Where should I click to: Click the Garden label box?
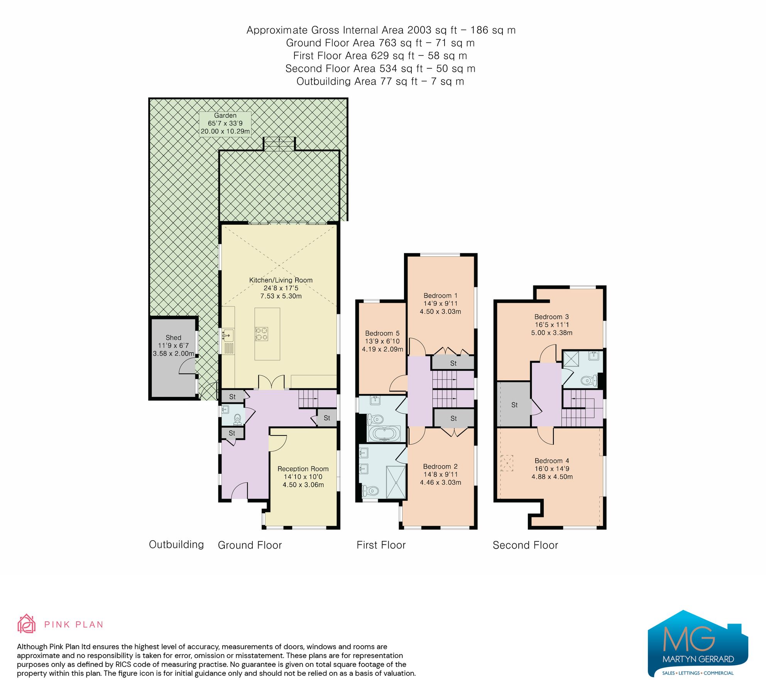225,124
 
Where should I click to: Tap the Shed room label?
173,337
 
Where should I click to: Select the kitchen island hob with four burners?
261,334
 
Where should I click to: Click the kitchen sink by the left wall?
228,335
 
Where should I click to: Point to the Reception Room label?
303,469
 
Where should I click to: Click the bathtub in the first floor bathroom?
384,434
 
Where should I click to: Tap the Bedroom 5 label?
382,333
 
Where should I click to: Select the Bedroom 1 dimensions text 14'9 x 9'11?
440,303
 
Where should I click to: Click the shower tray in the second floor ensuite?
570,359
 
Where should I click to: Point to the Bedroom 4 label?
551,461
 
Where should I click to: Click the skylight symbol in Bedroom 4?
507,463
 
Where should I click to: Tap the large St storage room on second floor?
514,404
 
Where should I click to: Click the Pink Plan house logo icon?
26,624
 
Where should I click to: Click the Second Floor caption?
525,545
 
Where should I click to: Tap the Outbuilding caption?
176,544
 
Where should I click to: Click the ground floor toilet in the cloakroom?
238,418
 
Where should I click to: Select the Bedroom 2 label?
440,466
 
